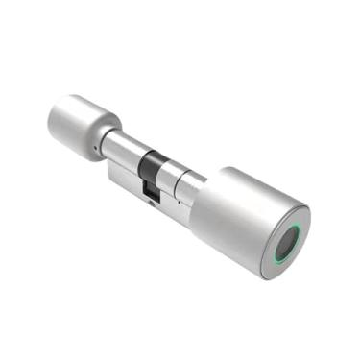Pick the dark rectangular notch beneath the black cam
(151, 189)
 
